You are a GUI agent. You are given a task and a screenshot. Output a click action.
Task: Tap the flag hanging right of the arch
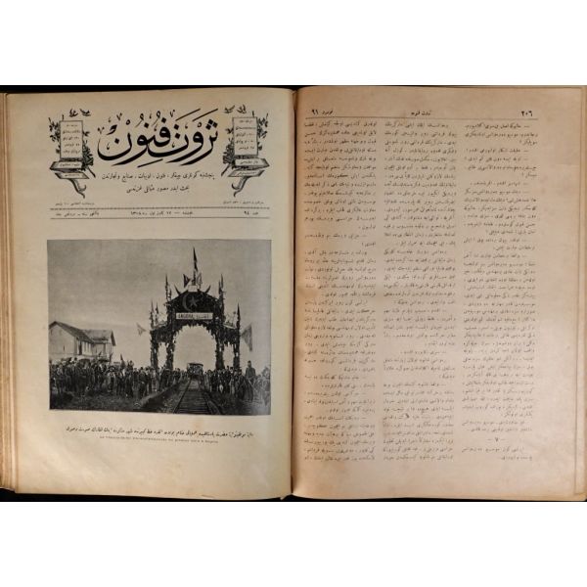pos(247,338)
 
